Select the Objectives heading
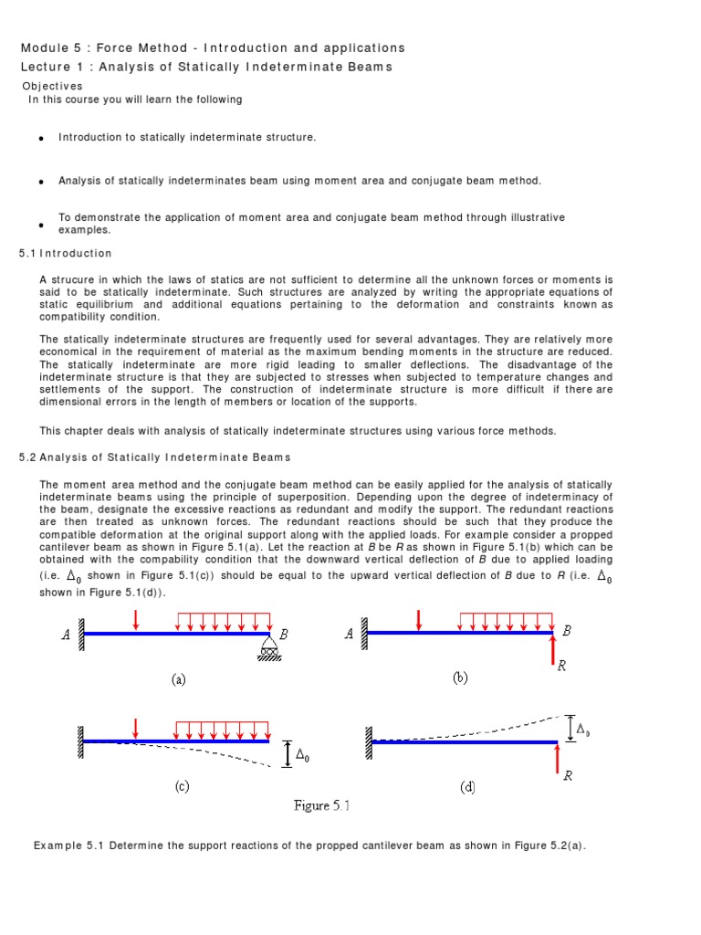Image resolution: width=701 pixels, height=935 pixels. point(52,86)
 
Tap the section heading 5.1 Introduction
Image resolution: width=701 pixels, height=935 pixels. point(66,253)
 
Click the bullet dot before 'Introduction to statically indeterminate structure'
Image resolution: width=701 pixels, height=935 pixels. point(42,138)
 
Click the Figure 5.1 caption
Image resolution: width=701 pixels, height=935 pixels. point(321,805)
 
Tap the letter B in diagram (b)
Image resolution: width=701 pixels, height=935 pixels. point(567,630)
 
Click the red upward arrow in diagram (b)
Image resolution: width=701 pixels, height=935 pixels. point(553,651)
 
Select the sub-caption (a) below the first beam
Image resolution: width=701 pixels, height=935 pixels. point(178,679)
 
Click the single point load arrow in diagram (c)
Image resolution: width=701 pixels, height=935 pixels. point(135,729)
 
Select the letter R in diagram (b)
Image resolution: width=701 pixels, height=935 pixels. point(561,667)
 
